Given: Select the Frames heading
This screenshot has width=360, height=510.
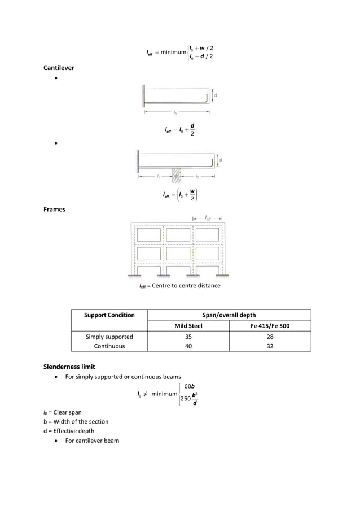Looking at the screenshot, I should pos(55,209).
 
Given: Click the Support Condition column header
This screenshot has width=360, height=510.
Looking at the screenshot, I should pos(109,315).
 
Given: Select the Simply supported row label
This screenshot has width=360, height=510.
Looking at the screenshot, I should pos(109,337).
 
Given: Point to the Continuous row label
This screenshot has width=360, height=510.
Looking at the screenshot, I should pos(109,346).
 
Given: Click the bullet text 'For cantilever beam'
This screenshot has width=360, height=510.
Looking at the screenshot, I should pos(92,440).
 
